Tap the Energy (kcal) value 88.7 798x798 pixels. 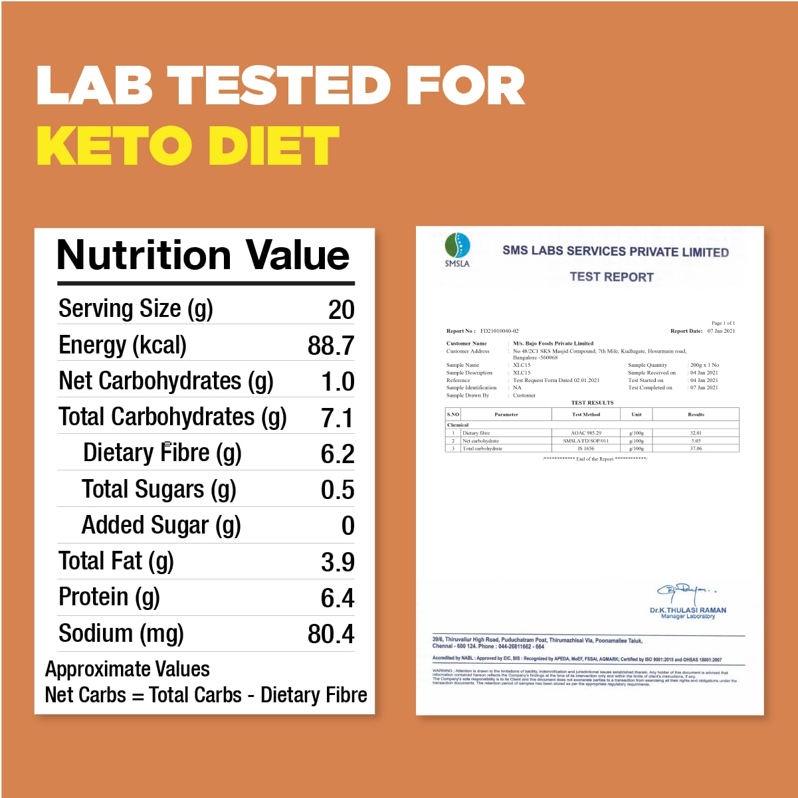[330, 346]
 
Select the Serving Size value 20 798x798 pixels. [341, 310]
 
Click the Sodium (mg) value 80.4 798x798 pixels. [330, 634]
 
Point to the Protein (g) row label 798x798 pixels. [109, 597]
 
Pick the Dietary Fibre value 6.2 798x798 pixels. [337, 454]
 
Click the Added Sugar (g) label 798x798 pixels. [161, 526]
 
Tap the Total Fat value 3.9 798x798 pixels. [337, 562]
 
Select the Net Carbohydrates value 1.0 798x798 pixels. [337, 382]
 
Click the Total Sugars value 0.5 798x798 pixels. [337, 490]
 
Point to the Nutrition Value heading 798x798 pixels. [203, 255]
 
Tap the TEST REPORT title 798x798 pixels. [611, 277]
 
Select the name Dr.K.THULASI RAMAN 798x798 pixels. [688, 610]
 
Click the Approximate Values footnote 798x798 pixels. [127, 669]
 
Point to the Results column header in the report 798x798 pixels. [696, 415]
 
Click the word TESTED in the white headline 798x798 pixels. [278, 86]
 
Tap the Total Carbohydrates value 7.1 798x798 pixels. [337, 418]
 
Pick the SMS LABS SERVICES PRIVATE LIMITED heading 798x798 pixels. [615, 252]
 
